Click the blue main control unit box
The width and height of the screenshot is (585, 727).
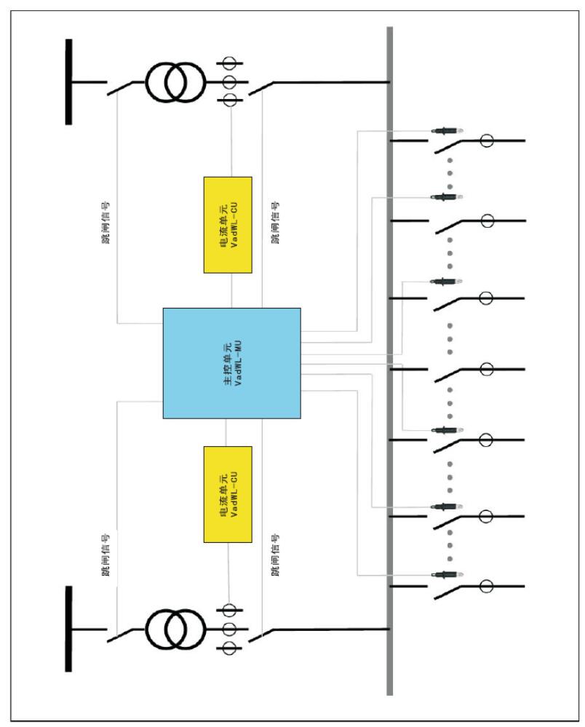point(231,362)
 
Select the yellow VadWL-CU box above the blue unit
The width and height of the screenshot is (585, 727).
point(228,224)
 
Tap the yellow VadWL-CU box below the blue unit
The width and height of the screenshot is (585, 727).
point(228,493)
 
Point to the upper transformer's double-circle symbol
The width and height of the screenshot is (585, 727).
point(175,82)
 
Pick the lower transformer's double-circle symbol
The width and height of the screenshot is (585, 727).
point(175,627)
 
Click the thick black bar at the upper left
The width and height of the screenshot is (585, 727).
point(69,82)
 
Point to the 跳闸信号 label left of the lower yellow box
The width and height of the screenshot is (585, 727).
point(106,556)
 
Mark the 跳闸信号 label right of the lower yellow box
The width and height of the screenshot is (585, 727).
point(275,556)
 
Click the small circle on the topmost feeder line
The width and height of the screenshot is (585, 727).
point(487,140)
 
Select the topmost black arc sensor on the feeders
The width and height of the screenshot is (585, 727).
point(445,131)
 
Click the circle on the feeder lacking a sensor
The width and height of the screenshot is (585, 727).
point(487,369)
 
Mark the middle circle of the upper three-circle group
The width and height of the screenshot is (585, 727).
point(231,82)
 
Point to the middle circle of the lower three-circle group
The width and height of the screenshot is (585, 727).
point(231,628)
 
